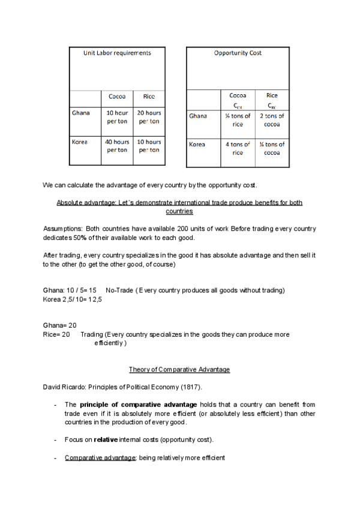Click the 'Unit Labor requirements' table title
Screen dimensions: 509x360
[116, 53]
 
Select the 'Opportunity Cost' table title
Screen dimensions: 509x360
[238, 53]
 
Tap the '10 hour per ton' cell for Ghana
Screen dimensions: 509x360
[117, 117]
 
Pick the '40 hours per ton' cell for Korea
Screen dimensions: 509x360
[117, 146]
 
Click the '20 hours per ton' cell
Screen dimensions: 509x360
[149, 117]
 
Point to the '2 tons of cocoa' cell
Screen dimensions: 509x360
[272, 120]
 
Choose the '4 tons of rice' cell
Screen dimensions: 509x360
[238, 148]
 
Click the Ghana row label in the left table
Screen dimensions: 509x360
[80, 113]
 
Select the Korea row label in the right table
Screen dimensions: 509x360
[197, 145]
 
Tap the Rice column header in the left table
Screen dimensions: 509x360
[148, 96]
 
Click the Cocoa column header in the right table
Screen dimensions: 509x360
[238, 95]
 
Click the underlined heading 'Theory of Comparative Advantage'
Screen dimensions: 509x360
[179, 369]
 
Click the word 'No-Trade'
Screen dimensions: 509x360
[119, 291]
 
